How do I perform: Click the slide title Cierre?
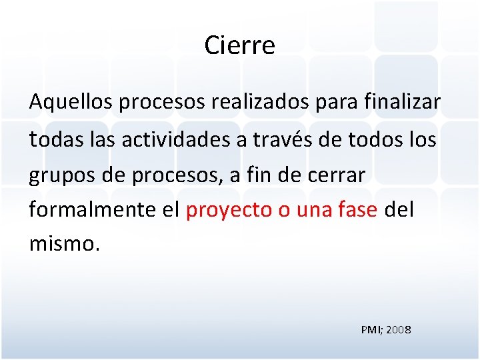tap(239, 45)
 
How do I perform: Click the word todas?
tap(52, 139)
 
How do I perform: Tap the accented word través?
tap(274, 139)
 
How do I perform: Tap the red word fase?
tap(358, 210)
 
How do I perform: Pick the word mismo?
tap(63, 244)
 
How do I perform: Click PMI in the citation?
tap(371, 329)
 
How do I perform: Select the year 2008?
tap(399, 329)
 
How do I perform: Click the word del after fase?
tap(400, 210)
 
